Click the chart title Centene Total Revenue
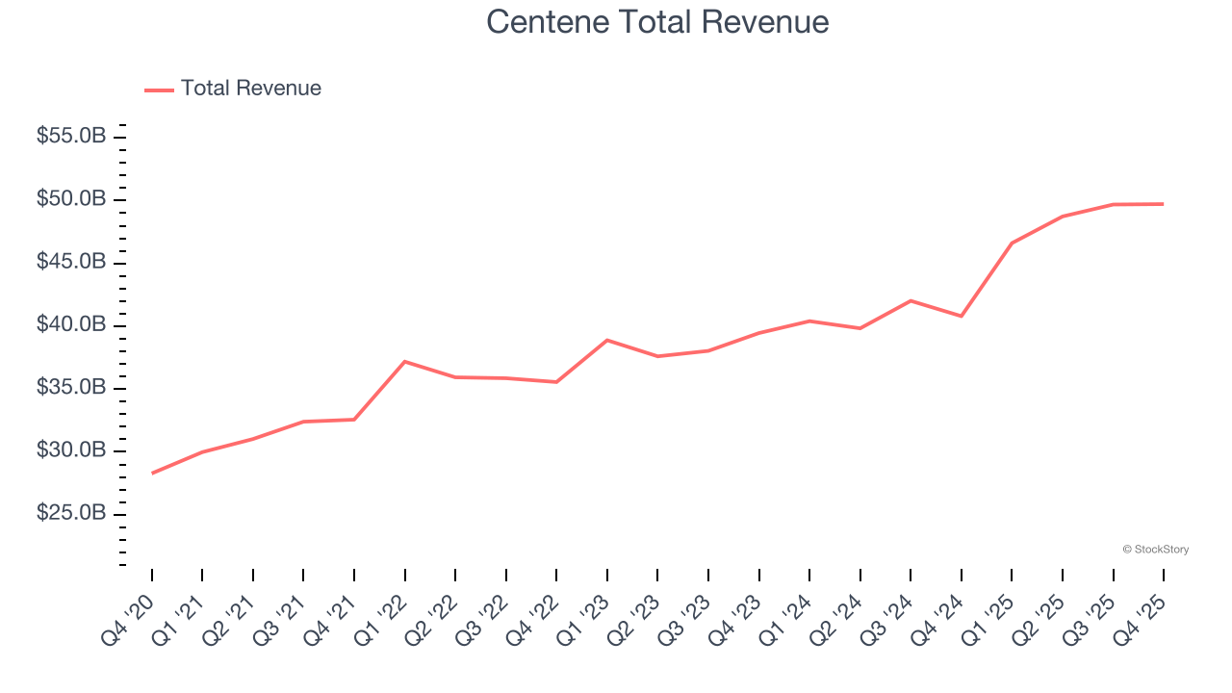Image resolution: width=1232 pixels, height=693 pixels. (x=657, y=21)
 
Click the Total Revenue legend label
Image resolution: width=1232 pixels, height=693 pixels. (x=250, y=89)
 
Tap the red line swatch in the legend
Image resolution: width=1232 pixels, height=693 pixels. (x=159, y=90)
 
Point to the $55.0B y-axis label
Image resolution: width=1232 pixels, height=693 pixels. (x=71, y=137)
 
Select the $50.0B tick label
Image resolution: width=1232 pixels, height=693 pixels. (x=71, y=199)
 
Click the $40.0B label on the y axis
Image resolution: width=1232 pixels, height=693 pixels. (x=71, y=325)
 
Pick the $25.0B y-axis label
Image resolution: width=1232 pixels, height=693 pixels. (x=71, y=514)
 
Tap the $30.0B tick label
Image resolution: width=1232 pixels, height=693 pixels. (x=71, y=450)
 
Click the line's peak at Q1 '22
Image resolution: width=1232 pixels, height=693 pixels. (x=405, y=361)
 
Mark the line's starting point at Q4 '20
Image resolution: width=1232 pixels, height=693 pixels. (x=152, y=474)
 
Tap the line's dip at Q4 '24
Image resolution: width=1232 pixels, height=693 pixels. (x=962, y=316)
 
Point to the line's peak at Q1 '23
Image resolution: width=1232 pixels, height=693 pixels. (x=607, y=340)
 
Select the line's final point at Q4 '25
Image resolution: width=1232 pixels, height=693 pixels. (x=1164, y=204)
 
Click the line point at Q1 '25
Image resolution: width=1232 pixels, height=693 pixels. (x=1012, y=244)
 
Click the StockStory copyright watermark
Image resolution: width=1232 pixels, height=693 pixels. (x=1155, y=550)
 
